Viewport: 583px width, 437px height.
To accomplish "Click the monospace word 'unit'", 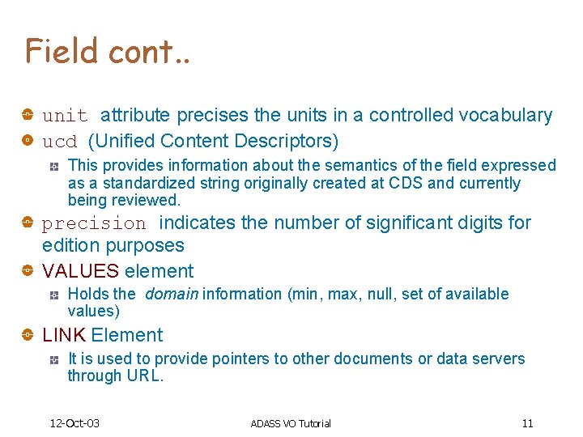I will tap(65, 116).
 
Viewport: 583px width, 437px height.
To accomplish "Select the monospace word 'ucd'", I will tap(59, 142).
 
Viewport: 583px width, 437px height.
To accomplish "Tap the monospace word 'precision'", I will tap(94, 223).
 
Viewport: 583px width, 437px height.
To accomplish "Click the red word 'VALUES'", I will tap(80, 271).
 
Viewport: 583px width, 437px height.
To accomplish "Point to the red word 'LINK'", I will tap(64, 335).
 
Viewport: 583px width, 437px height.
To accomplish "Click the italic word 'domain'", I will tap(172, 294).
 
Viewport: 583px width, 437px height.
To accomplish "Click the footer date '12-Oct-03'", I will tap(74, 423).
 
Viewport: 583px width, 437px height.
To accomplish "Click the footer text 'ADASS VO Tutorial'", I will tap(291, 423).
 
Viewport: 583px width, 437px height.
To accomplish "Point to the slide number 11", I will tap(527, 423).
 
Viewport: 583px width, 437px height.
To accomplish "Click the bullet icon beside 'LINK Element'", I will tap(28, 335).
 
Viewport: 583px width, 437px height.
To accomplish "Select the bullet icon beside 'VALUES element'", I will tap(28, 271).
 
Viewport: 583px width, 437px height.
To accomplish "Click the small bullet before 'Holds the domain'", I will tap(53, 295).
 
